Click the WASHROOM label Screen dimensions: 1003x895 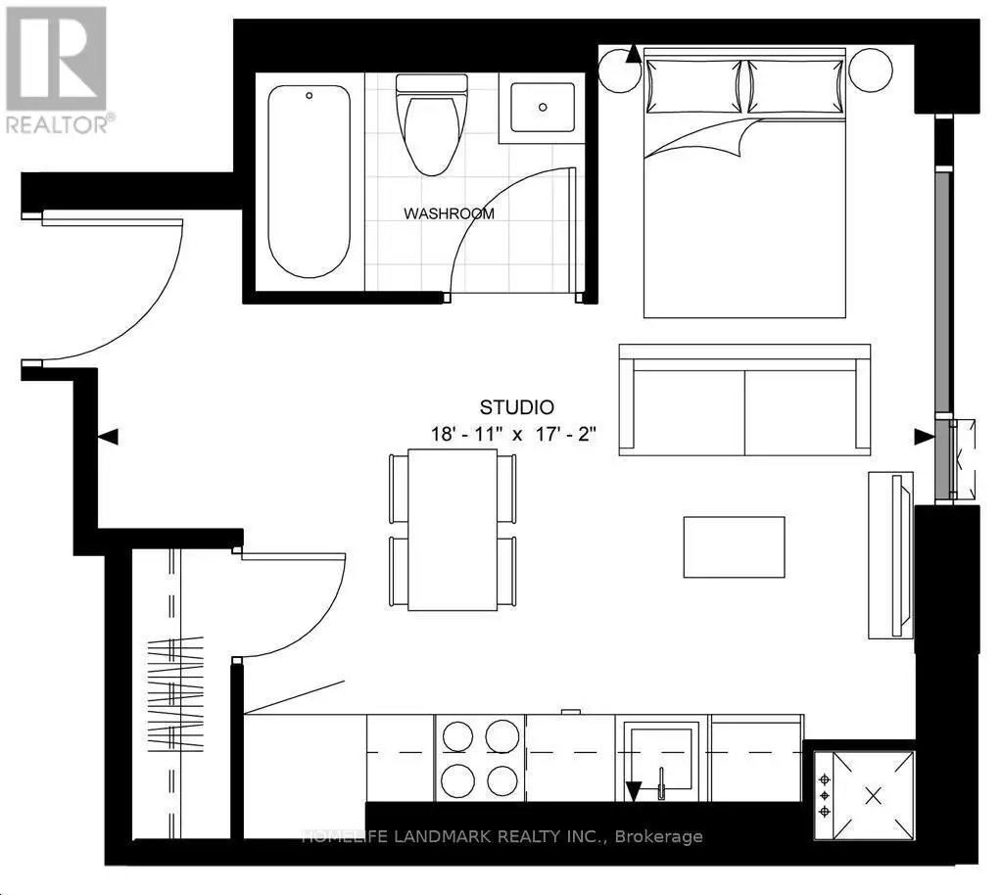pos(449,213)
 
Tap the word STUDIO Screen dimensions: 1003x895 pos(517,407)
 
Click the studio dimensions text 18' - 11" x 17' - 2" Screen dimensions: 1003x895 pos(513,435)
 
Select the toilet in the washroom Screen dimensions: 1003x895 pos(432,124)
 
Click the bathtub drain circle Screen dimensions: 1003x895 pos(309,95)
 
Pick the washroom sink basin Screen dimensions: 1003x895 pos(543,108)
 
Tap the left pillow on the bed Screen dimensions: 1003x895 pos(694,85)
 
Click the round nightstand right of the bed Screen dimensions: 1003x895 pos(871,71)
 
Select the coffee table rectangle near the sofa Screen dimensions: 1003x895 pos(735,547)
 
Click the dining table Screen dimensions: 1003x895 pos(453,530)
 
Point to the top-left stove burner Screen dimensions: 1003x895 pos(457,735)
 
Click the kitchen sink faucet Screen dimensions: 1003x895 pos(661,783)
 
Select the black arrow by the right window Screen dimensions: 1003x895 pos(924,438)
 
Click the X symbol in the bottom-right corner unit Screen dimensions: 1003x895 pos(873,796)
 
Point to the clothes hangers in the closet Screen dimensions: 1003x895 pos(175,693)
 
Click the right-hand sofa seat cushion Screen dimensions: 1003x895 pos(800,412)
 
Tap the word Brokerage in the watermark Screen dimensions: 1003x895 pos(659,836)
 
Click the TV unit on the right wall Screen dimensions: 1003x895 pos(890,555)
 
